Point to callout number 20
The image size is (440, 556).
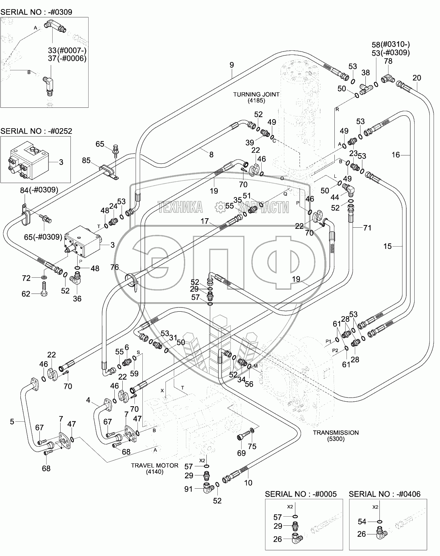point(417,78)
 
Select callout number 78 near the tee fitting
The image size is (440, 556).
point(389,61)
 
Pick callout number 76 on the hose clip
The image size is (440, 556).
point(115,267)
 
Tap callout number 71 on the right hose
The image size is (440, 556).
point(367,228)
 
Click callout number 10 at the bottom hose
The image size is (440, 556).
point(248,483)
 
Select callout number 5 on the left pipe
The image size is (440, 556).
point(12,421)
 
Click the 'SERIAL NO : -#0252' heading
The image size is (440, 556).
point(36,131)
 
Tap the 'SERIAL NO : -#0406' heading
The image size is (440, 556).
point(384,494)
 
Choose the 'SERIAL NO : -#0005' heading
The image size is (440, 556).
point(301,494)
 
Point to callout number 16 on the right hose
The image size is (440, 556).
point(396,154)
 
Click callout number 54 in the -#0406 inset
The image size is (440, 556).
point(362,522)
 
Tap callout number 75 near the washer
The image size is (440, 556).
point(252,446)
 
